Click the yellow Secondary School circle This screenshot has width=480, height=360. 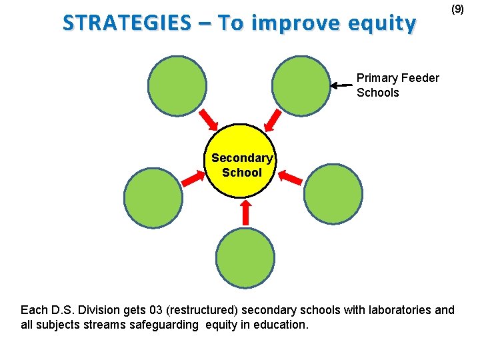coord(241,161)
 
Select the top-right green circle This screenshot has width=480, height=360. coord(302,85)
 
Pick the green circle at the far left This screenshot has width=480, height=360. coord(153,197)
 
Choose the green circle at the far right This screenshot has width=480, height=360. coord(333,193)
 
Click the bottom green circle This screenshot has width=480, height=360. coord(245,258)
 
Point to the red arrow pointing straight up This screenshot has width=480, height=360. coord(245,212)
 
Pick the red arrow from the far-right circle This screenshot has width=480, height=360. coord(291,177)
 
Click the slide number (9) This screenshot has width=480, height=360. coord(457,9)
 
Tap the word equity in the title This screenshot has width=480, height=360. coord(386,23)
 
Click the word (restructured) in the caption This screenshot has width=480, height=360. coord(206,310)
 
